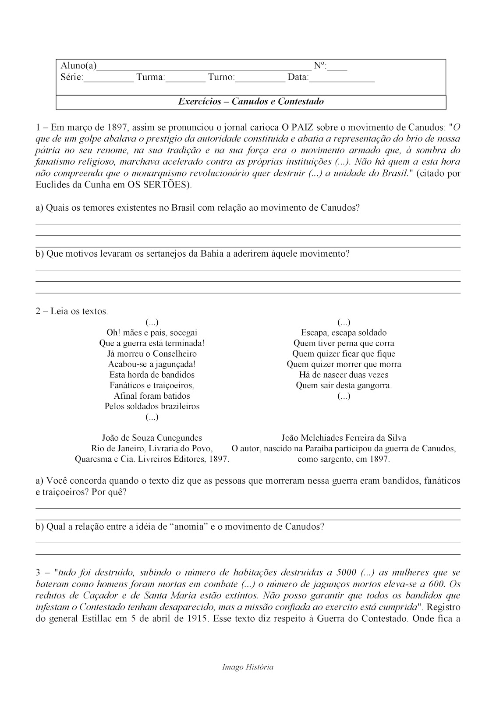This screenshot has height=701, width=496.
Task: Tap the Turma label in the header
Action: coord(150,78)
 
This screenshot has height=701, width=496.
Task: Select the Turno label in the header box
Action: coord(221,78)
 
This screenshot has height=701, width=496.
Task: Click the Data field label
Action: coord(298,78)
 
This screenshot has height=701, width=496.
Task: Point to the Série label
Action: coord(72,78)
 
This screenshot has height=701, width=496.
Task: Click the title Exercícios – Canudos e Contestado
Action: coord(251,102)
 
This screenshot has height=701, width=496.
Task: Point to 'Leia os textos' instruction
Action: coord(79,312)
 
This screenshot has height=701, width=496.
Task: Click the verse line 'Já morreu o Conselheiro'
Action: coord(152,354)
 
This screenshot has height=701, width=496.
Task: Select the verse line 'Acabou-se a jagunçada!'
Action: coord(152,364)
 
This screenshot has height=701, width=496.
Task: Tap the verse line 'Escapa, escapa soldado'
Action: coord(344,333)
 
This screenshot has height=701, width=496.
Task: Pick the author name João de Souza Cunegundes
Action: coord(152,438)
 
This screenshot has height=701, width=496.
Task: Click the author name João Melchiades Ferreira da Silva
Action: coord(344,438)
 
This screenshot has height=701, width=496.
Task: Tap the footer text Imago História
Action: coord(248,667)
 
